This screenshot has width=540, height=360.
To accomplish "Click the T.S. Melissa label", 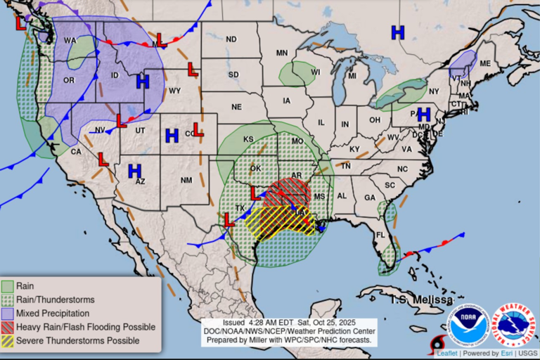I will [422, 300].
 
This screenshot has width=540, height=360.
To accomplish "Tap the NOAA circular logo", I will [468, 324].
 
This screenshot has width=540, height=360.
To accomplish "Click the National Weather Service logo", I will [513, 324].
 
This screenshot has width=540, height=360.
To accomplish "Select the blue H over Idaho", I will [143, 82].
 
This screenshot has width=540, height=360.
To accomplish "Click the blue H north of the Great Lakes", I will [398, 32].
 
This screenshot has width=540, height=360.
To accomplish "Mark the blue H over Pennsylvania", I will [423, 114].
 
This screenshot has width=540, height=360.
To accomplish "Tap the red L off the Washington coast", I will [21, 22].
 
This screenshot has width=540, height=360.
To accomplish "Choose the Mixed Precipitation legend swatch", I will [8, 314].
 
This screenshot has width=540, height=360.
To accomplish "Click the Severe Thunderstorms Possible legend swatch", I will [8, 341].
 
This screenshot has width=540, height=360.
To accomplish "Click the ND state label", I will [231, 39].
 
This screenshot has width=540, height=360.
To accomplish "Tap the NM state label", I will [186, 181].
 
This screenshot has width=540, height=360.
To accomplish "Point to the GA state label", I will [369, 198].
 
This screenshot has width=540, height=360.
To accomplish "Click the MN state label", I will [282, 53].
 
